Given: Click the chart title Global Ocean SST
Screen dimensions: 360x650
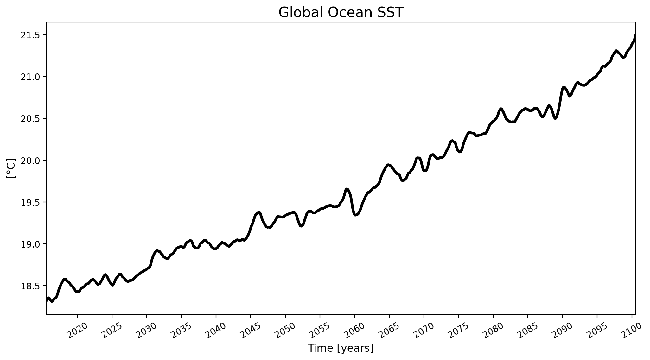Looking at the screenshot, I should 341,13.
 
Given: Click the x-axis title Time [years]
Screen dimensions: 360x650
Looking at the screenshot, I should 341,348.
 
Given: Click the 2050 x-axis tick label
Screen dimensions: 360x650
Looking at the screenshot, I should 286,330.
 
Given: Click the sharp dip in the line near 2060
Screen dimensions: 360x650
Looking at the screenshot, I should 355,215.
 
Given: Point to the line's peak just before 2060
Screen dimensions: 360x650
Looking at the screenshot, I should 347,189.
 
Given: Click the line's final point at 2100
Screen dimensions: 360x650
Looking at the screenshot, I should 635,35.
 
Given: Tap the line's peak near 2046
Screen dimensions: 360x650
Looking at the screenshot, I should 259,212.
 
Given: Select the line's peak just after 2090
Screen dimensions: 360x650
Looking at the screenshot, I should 564,87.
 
